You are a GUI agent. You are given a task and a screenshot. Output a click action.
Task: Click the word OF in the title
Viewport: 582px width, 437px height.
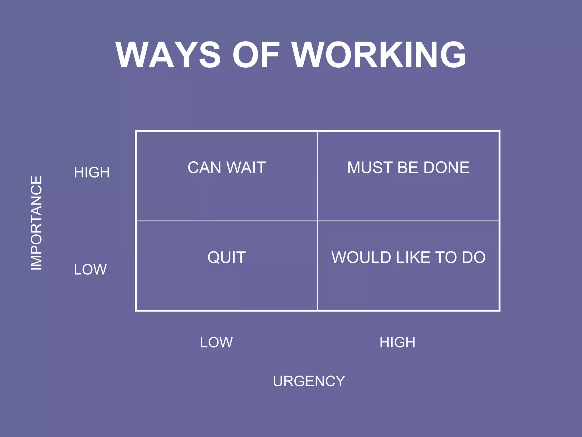[256, 55]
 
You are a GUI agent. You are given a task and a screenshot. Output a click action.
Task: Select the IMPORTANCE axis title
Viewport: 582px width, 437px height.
[36, 223]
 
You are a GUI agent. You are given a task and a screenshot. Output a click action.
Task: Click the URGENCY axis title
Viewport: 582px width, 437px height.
[309, 381]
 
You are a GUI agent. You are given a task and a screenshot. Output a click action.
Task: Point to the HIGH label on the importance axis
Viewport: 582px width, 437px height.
[92, 172]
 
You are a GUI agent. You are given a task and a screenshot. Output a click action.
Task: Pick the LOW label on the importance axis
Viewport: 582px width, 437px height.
[90, 269]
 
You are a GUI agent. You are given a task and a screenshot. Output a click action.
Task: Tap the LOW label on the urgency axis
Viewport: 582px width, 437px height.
[216, 342]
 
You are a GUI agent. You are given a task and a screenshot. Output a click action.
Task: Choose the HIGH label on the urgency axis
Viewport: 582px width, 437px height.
[397, 342]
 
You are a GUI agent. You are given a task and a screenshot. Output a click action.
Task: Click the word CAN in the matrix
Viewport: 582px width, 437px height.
[204, 168]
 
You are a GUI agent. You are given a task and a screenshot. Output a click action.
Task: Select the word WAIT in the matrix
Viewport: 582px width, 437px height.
[246, 168]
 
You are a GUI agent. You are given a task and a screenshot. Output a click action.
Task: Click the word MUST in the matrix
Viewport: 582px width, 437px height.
[370, 168]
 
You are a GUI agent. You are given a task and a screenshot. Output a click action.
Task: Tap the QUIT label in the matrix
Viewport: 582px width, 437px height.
[226, 257]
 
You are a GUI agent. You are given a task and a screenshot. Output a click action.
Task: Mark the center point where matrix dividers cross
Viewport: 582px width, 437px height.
[317, 221]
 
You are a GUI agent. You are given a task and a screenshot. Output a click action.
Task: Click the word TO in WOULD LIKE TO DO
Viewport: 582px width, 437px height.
[446, 257]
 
